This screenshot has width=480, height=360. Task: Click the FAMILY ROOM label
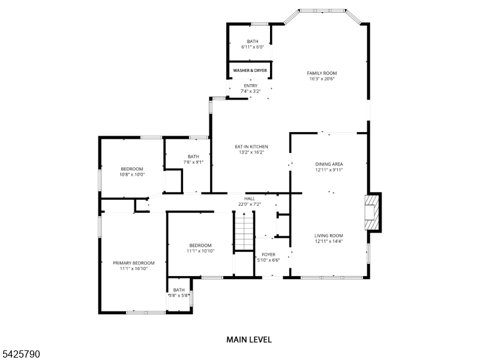pyautogui.click(x=322, y=73)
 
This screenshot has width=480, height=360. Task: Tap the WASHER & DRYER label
pyautogui.click(x=250, y=71)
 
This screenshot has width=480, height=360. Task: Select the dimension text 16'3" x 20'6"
pyautogui.click(x=322, y=79)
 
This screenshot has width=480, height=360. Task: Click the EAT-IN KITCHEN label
pyautogui.click(x=251, y=147)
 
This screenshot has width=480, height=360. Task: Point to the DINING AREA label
pyautogui.click(x=329, y=164)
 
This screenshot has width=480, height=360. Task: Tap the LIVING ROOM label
pyautogui.click(x=329, y=236)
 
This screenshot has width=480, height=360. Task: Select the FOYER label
pyautogui.click(x=268, y=255)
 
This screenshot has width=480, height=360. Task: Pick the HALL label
pyautogui.click(x=250, y=199)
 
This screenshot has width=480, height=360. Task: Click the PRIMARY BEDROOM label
pyautogui.click(x=134, y=263)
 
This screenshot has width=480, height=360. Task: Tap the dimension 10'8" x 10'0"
pyautogui.click(x=131, y=175)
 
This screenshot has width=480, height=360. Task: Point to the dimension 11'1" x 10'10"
pyautogui.click(x=200, y=251)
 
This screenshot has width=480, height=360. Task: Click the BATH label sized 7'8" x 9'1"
pyautogui.click(x=193, y=156)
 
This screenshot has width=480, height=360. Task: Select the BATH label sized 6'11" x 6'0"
pyautogui.click(x=253, y=41)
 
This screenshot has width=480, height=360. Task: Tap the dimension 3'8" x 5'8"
pyautogui.click(x=179, y=295)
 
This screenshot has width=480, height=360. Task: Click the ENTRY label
pyautogui.click(x=250, y=86)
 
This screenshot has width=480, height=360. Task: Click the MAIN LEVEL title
pyautogui.click(x=248, y=340)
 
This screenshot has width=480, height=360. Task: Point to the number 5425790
pyautogui.click(x=21, y=355)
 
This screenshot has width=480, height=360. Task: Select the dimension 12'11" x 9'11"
pyautogui.click(x=329, y=170)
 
